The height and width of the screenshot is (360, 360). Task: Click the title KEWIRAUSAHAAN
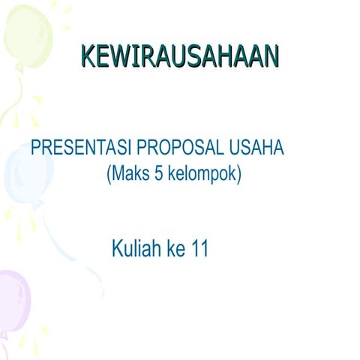coord(178,57)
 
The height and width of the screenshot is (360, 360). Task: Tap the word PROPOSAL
coord(183,148)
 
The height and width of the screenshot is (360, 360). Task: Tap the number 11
coord(199,249)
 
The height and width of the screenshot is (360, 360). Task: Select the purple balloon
coord(14,300)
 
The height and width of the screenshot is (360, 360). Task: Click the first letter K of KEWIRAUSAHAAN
coord(87,57)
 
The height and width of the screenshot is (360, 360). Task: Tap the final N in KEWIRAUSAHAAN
coord(270,57)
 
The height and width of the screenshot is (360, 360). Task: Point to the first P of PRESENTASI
coord(35,148)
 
